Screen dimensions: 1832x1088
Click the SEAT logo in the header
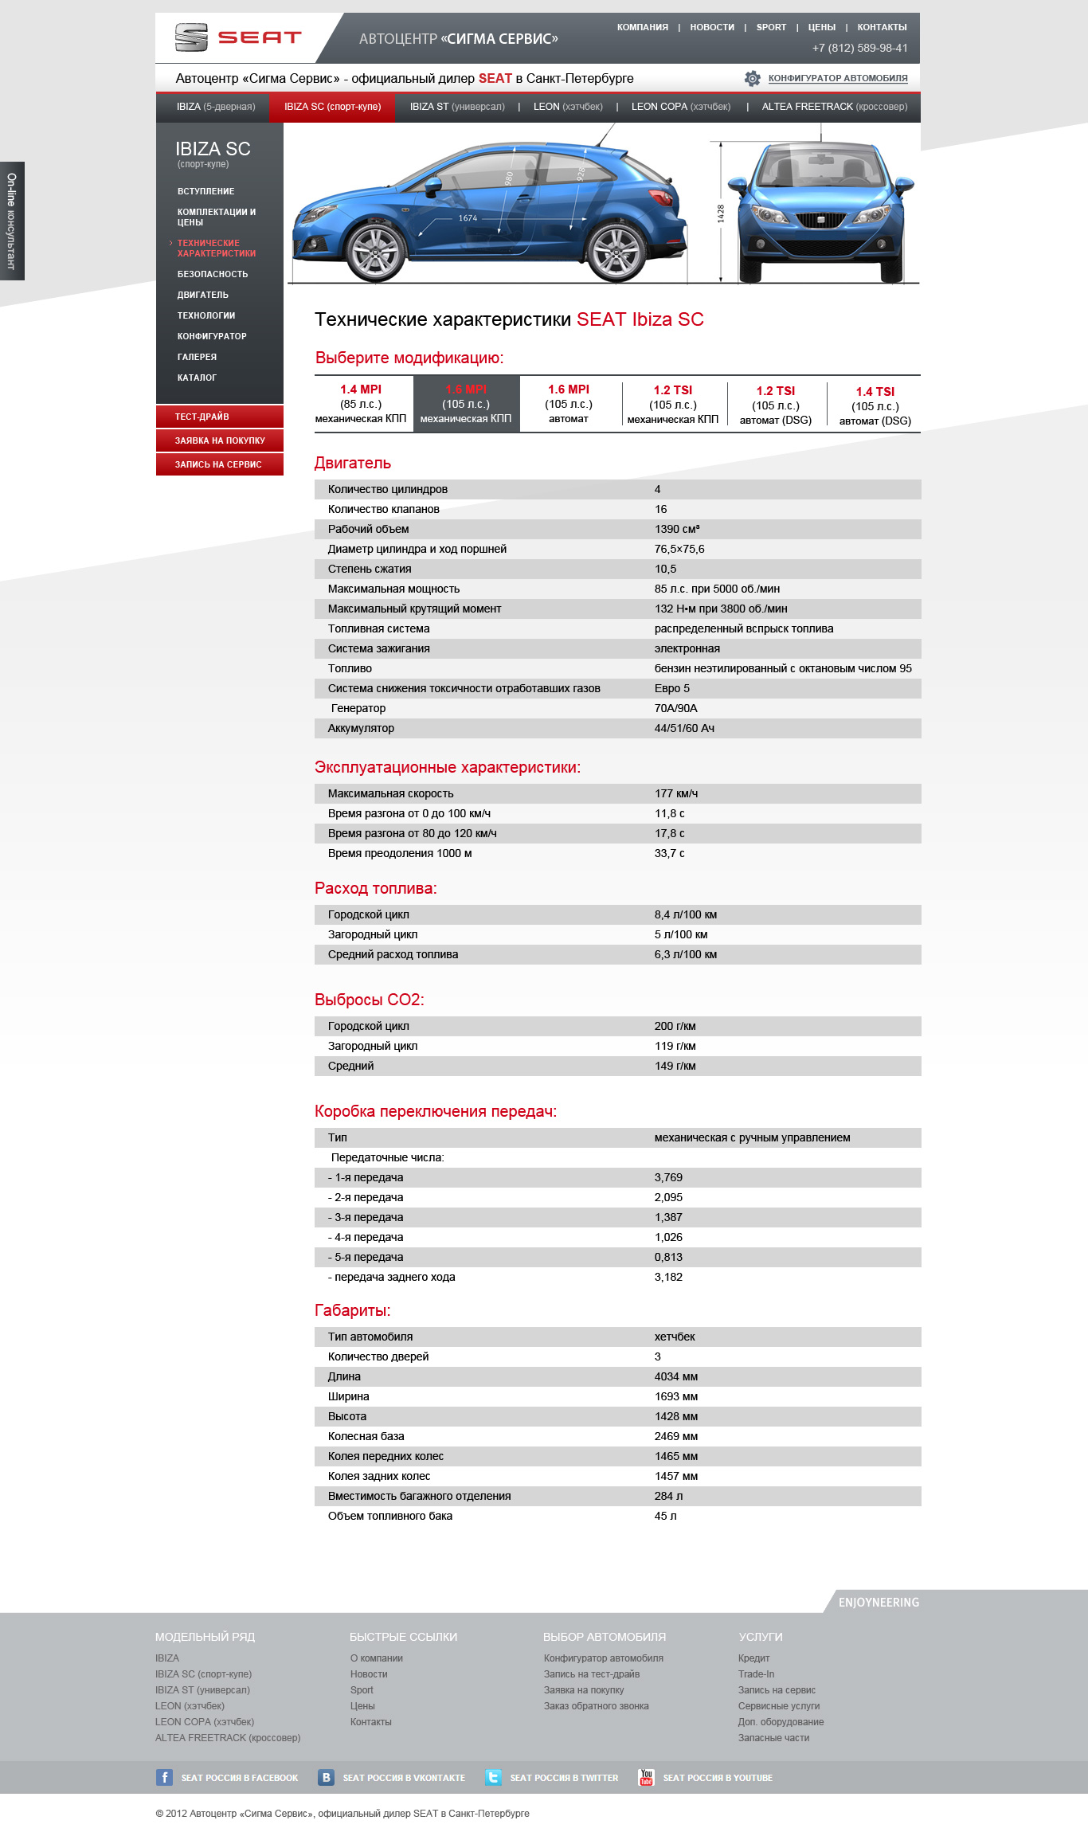click(x=237, y=37)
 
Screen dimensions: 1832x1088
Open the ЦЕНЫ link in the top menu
click(x=821, y=27)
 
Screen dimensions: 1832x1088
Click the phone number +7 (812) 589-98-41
click(x=859, y=48)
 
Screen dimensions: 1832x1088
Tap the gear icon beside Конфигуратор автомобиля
click(x=752, y=78)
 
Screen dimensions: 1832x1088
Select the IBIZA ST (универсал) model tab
click(x=457, y=107)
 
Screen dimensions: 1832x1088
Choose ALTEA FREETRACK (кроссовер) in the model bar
click(x=834, y=107)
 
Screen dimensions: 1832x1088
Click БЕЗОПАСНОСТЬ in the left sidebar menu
click(x=213, y=274)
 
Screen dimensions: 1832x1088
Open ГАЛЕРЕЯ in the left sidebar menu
click(x=197, y=357)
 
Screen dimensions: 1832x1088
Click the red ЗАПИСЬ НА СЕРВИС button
click(x=219, y=464)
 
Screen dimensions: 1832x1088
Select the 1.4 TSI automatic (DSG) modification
click(x=875, y=405)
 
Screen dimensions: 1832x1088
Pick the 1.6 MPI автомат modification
click(x=569, y=404)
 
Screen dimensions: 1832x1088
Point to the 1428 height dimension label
click(x=721, y=213)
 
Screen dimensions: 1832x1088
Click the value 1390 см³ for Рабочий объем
click(x=677, y=529)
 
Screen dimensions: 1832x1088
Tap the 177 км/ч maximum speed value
click(x=676, y=793)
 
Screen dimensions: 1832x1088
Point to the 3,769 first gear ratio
click(x=668, y=1177)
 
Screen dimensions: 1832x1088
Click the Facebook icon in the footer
click(x=164, y=1777)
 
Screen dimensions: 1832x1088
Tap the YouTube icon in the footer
click(x=646, y=1777)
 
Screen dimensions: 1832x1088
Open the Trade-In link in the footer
click(x=756, y=1674)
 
